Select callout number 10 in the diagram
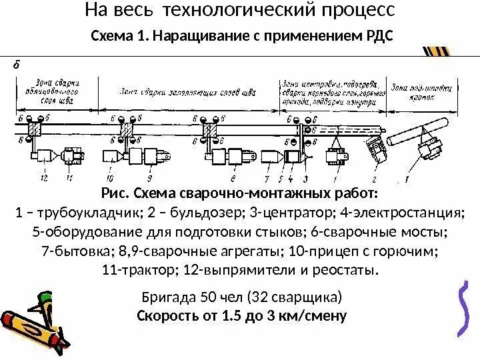[x=109, y=179]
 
